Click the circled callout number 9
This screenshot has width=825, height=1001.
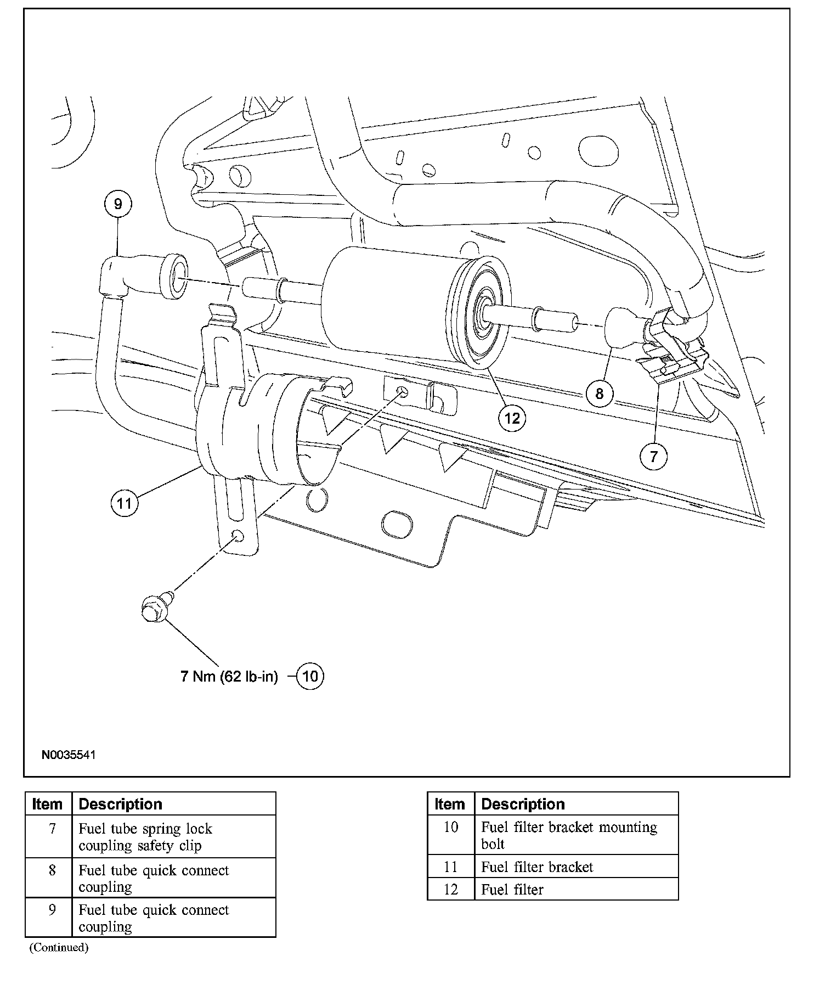click(118, 204)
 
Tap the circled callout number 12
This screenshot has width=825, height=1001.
click(511, 418)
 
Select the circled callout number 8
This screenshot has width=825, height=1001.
click(599, 393)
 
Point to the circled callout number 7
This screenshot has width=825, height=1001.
click(653, 456)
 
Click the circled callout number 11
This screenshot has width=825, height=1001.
click(125, 503)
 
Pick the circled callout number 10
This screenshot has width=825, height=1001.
click(310, 676)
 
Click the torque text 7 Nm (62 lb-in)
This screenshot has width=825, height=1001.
click(229, 677)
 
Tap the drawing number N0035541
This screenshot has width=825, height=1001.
click(69, 755)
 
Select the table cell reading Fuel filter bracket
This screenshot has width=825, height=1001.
click(537, 867)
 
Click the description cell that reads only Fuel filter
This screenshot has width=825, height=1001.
click(512, 890)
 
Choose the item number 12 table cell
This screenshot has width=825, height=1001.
click(450, 890)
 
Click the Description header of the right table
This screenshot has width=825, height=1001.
click(523, 804)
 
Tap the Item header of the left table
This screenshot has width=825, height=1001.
click(47, 804)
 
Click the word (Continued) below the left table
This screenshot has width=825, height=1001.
click(59, 948)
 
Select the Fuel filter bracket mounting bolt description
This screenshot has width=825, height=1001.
click(568, 835)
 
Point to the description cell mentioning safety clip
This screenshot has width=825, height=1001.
click(145, 837)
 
